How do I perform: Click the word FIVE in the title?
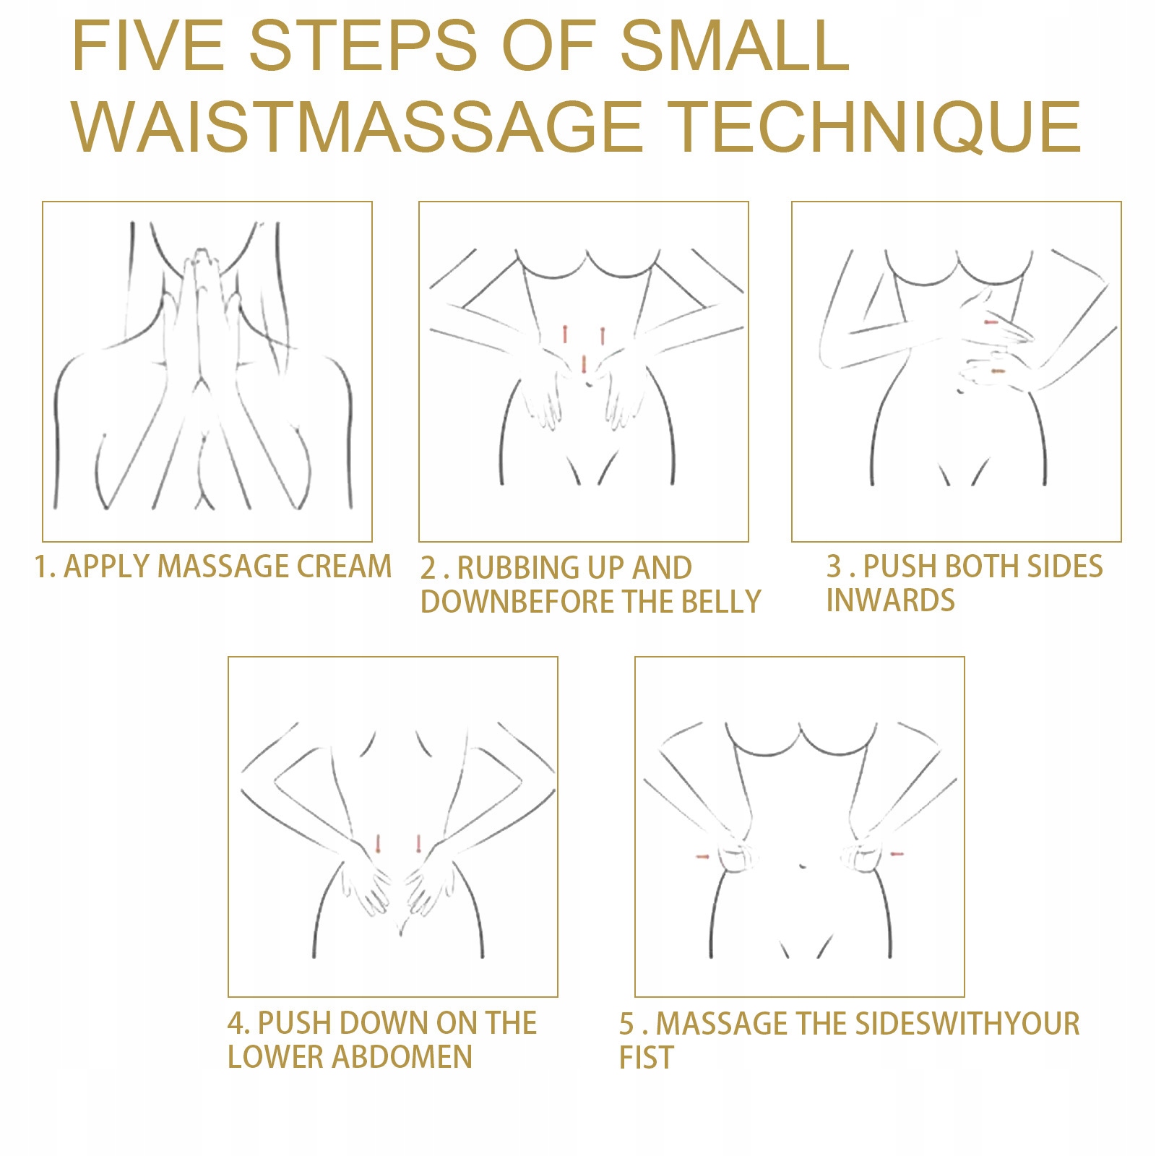[148, 46]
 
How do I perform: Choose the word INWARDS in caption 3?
[890, 600]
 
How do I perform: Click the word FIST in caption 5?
[646, 1057]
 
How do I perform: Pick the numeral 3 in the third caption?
[834, 566]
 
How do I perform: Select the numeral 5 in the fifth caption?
[627, 1024]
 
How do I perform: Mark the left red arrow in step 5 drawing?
[702, 857]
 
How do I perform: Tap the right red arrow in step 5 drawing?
[897, 855]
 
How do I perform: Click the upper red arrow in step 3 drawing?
[991, 322]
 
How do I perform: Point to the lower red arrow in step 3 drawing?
[998, 371]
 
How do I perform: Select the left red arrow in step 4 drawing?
[377, 843]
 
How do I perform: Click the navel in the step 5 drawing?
[801, 865]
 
